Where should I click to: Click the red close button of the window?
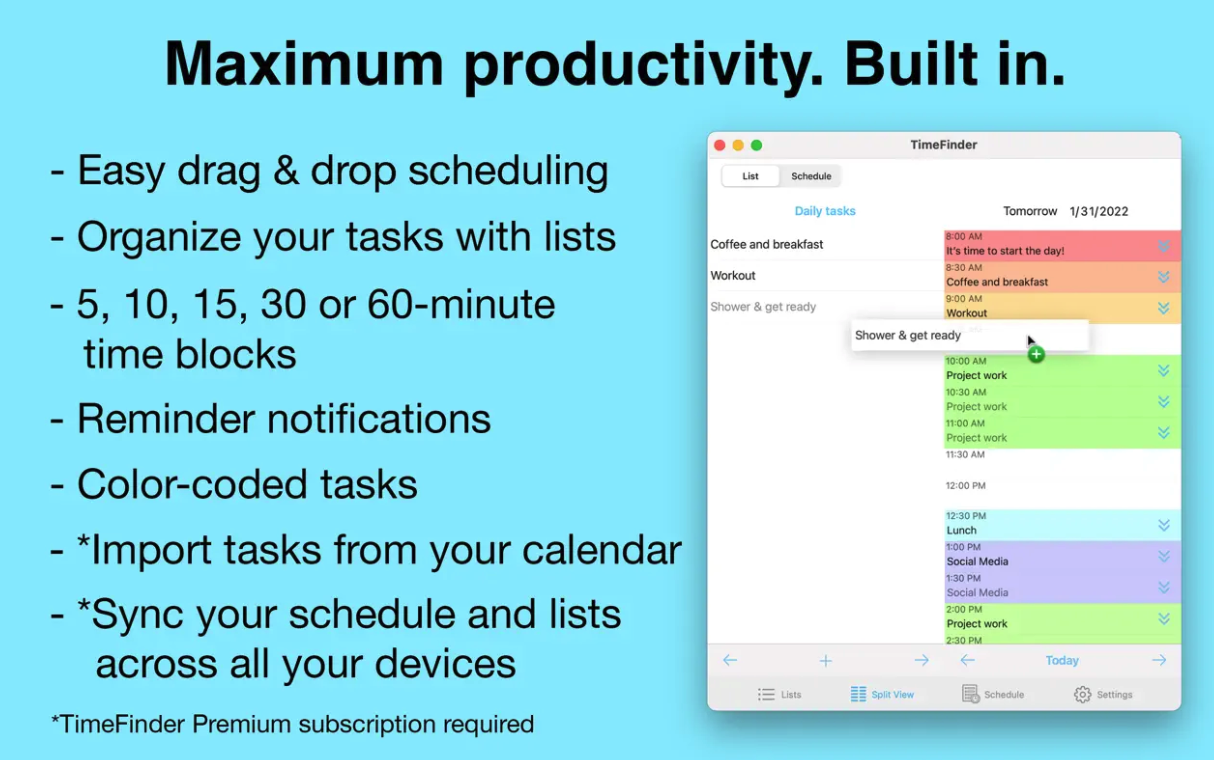pos(720,145)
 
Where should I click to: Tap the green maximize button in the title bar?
pos(757,145)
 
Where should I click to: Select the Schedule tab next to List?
pos(811,176)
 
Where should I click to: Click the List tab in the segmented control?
pos(750,176)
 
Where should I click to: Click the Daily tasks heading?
pos(825,211)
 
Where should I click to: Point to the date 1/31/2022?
pos(1099,211)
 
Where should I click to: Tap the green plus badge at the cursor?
pos(1036,355)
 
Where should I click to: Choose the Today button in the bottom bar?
pos(1062,660)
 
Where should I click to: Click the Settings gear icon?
pos(1082,694)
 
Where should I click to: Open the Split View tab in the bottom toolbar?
pos(882,694)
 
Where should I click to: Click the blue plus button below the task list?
pos(825,661)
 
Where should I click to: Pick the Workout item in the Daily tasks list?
pos(733,275)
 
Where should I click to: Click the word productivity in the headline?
pos(643,66)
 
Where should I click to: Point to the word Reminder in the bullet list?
pos(166,418)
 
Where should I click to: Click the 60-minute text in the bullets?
pos(461,304)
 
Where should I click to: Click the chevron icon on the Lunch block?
pos(1164,525)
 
